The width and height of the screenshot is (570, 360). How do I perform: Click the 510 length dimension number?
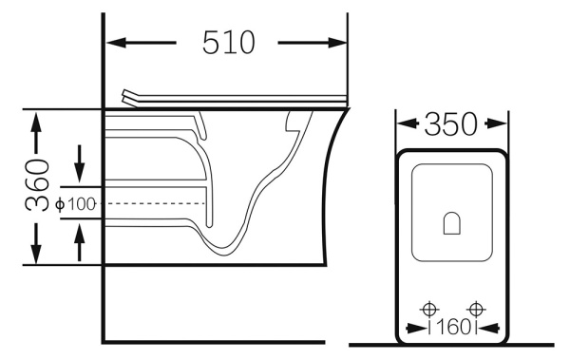pos(229,43)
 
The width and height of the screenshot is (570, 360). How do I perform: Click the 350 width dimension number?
pos(450,124)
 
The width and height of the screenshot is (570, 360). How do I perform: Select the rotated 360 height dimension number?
pos(37,185)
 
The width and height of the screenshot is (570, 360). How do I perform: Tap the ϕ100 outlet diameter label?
pos(76,204)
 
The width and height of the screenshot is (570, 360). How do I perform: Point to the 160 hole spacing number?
pos(453,328)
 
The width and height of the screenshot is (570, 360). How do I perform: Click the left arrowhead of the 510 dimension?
pos(116,43)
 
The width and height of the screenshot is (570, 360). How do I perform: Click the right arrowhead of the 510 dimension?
pos(337,43)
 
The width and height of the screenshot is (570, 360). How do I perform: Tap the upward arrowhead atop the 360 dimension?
pos(36,123)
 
